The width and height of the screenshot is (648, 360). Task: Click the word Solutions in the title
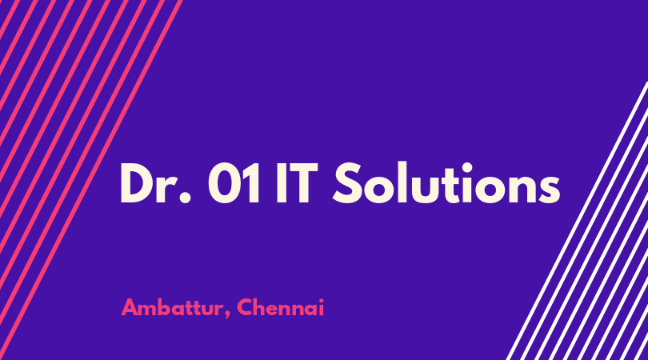click(446, 182)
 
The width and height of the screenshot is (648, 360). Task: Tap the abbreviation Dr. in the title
click(156, 183)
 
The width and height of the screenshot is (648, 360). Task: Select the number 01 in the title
click(234, 183)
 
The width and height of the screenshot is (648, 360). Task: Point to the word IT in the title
click(297, 183)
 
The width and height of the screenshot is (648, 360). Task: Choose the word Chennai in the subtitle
click(281, 307)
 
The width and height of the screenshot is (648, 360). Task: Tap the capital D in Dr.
click(138, 183)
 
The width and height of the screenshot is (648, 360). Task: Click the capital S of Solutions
click(348, 182)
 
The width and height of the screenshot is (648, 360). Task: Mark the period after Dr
click(186, 198)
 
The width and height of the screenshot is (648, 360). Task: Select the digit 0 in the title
click(224, 183)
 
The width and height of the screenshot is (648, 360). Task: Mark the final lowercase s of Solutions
click(550, 190)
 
